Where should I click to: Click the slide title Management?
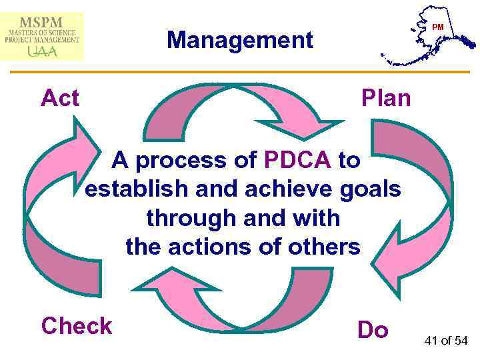[240, 40]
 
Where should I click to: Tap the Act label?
[60, 99]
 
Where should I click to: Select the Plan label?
[386, 99]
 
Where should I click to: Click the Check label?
[77, 327]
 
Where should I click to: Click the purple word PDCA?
[298, 160]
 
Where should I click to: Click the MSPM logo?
[43, 35]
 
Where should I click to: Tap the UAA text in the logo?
[43, 51]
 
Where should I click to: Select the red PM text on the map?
[437, 27]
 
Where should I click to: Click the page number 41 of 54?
[447, 341]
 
